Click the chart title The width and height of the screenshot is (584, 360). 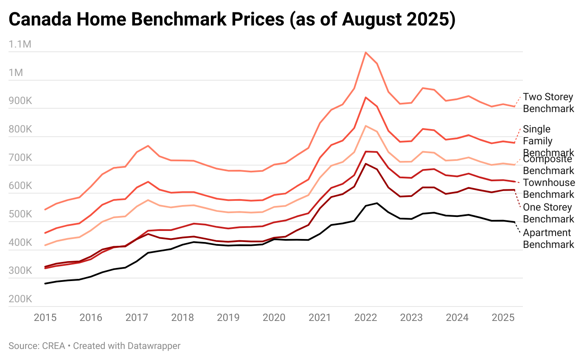pos(232,20)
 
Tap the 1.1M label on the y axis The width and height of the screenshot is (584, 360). pos(20,44)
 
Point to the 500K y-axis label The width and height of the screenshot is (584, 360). pos(20,214)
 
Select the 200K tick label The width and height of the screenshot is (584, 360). pos(20,299)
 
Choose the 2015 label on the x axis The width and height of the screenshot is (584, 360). pos(45,318)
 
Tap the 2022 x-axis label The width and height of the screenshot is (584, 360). pos(365,318)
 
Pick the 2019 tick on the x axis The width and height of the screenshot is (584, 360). pos(228,318)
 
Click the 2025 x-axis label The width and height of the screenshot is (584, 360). pos(503,318)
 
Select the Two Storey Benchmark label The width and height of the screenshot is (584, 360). pos(548,103)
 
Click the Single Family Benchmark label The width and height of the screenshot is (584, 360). pos(548,141)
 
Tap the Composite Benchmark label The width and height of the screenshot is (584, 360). pos(548,165)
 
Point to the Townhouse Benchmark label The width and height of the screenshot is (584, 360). pos(549,188)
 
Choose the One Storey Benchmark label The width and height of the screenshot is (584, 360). pos(548,213)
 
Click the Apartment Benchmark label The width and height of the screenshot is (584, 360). pos(548,239)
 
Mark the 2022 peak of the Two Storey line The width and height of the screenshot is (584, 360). pos(365,52)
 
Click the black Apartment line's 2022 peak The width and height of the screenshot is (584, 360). pos(377,203)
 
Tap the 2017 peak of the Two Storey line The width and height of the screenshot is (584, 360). pos(148,146)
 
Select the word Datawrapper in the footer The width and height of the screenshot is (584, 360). pos(154,346)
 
